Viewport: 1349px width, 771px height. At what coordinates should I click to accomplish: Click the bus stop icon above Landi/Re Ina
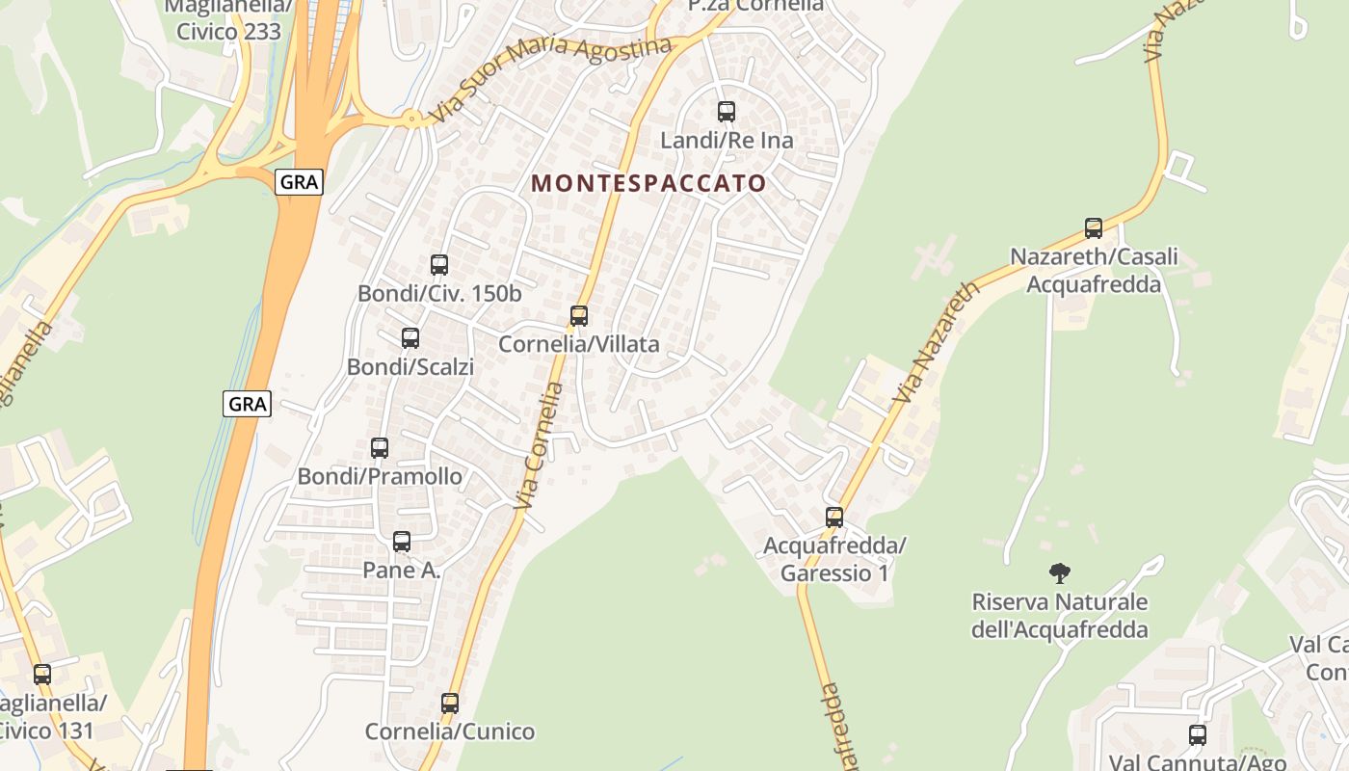727,112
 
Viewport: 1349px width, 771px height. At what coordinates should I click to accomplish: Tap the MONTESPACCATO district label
648,183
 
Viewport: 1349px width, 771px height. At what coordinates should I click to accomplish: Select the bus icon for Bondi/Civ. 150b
439,265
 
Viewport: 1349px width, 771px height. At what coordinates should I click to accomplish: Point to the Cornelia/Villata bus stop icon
579,316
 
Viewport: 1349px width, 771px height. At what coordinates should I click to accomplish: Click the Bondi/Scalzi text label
410,367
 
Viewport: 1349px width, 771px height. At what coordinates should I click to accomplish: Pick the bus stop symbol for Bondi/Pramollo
380,448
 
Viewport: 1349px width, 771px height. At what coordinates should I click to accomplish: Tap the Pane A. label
402,571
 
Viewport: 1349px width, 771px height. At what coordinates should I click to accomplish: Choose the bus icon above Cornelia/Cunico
450,704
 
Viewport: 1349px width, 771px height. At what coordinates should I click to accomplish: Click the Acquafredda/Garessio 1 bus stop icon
834,518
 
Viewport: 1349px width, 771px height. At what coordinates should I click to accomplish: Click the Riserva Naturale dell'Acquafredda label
1060,616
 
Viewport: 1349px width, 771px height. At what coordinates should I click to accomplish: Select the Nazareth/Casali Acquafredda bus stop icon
1094,228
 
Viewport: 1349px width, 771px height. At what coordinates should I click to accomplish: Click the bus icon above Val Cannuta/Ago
1198,735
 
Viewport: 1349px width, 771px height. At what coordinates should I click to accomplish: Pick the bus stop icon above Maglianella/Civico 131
42,675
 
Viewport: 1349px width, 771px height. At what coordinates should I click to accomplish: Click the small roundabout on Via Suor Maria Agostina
413,120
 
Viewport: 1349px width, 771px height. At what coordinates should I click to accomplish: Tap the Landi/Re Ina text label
727,141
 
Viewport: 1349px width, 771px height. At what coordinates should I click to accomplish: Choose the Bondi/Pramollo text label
380,477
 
